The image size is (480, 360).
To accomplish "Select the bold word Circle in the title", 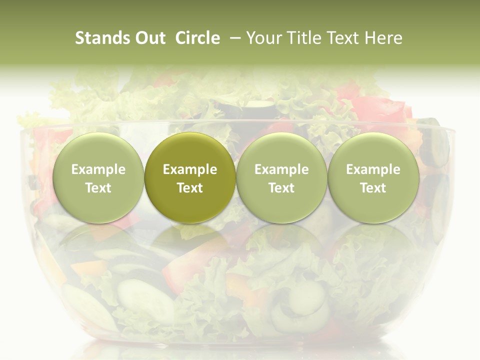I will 197,38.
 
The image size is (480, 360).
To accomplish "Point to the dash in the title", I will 233,38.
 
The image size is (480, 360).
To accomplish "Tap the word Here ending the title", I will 384,38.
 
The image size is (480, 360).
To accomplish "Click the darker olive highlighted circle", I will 190,178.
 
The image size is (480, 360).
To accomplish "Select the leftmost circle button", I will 98,178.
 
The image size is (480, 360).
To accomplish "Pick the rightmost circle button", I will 373,178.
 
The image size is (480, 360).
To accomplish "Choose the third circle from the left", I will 281,178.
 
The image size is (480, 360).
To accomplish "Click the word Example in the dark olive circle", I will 190,169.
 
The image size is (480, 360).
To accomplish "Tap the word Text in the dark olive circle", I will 190,188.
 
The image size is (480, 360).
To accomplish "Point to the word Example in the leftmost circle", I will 98,169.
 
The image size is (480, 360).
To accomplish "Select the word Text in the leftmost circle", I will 98,188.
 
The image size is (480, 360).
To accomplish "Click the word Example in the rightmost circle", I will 373,169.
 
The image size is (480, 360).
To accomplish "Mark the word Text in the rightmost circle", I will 373,188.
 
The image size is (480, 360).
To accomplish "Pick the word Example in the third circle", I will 281,169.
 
